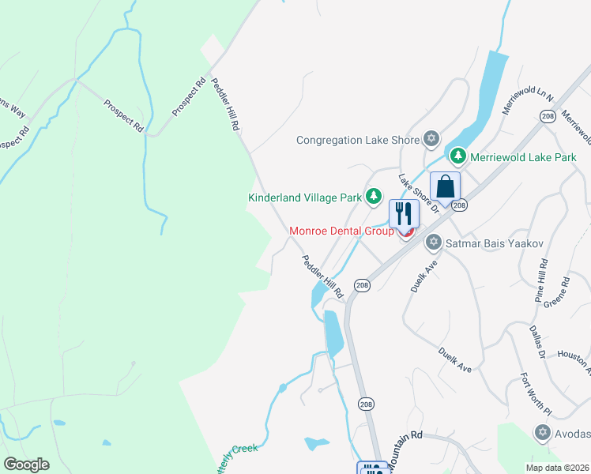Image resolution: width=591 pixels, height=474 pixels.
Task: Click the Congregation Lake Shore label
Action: coord(357,140)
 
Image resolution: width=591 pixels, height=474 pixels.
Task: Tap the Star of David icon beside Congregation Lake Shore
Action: coord(431,140)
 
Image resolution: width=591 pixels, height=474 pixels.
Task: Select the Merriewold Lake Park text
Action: coord(523,157)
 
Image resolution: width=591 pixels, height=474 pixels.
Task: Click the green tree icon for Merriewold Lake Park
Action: coord(458,156)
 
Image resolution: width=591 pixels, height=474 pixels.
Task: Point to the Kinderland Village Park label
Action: coord(305,197)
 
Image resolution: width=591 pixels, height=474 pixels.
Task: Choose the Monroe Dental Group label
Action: coord(341,231)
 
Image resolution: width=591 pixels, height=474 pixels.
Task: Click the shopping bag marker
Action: coord(445,188)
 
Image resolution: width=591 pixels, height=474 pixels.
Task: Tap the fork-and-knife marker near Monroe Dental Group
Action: coord(404,213)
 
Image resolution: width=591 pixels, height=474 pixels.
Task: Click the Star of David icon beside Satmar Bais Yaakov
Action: coord(433,242)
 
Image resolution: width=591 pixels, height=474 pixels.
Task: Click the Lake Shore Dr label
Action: coord(418,194)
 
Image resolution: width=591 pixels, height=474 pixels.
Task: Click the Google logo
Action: coord(26,465)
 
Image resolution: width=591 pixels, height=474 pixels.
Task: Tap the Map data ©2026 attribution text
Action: coord(558,468)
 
